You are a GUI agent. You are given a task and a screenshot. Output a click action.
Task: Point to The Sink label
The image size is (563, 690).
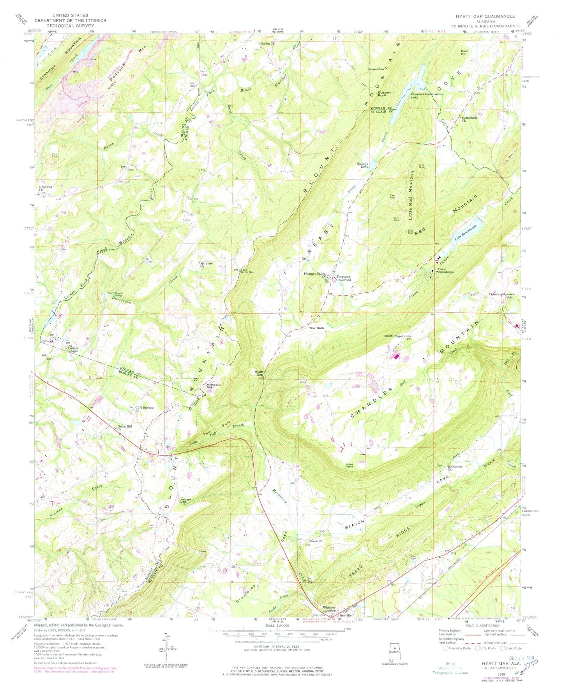(x=316, y=328)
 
